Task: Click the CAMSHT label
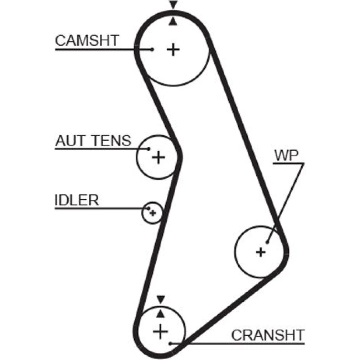[x=86, y=41]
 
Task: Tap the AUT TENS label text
[x=93, y=141]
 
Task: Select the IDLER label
[x=76, y=200]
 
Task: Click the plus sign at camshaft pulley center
[x=173, y=49]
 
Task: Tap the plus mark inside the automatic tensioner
[x=158, y=157]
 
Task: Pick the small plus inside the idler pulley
[x=153, y=213]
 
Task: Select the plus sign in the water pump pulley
[x=261, y=252]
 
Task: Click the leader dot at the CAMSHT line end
[x=152, y=49]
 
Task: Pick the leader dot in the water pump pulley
[x=267, y=242]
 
